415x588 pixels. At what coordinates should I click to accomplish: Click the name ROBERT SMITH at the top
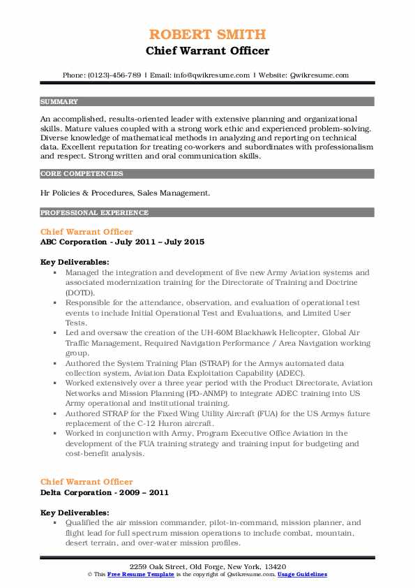(207, 34)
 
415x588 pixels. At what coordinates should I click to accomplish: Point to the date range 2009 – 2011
(143, 492)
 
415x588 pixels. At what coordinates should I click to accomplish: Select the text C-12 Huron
(173, 423)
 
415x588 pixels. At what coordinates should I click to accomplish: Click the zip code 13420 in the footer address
(274, 566)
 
